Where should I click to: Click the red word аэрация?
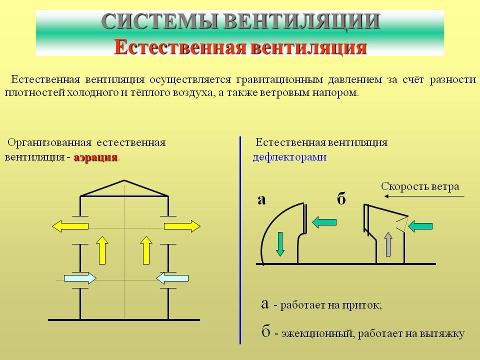click(x=96, y=157)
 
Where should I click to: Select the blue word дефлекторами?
click(x=289, y=157)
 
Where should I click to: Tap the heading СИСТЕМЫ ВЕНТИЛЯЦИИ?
click(x=240, y=21)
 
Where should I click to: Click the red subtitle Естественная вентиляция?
click(x=240, y=47)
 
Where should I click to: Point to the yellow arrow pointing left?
click(x=70, y=226)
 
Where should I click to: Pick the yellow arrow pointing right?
click(x=182, y=226)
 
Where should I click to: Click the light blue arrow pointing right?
click(x=80, y=278)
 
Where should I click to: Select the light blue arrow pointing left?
click(x=172, y=278)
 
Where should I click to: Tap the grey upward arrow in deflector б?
click(x=388, y=244)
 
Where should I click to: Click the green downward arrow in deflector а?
click(x=280, y=244)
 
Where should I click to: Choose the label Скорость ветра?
click(x=420, y=186)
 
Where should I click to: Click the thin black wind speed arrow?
click(x=424, y=196)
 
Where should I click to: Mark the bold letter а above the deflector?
click(x=261, y=200)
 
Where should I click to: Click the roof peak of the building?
click(x=124, y=180)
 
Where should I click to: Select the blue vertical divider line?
click(x=240, y=240)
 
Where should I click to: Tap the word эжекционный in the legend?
click(x=317, y=333)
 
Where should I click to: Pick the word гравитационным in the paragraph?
click(x=279, y=80)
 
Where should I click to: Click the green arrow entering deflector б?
click(x=420, y=226)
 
